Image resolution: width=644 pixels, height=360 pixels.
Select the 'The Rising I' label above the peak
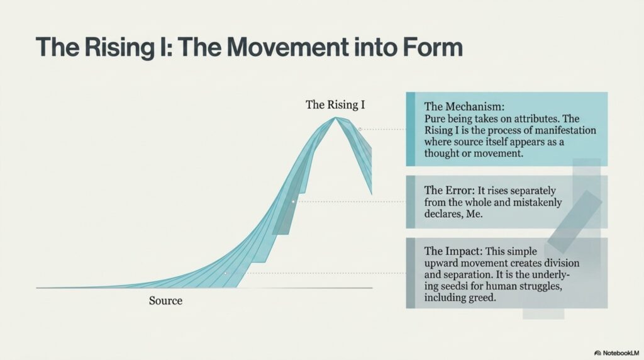[x=335, y=105]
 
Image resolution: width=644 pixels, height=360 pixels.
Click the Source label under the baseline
[x=165, y=300]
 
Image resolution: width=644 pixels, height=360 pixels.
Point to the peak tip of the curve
[x=336, y=118]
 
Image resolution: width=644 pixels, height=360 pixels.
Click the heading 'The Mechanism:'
[x=464, y=106]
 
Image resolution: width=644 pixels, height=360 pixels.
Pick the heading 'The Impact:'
[x=453, y=250]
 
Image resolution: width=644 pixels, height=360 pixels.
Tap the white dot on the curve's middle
[x=293, y=201]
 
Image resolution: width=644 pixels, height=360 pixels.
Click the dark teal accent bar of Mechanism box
[x=410, y=129]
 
